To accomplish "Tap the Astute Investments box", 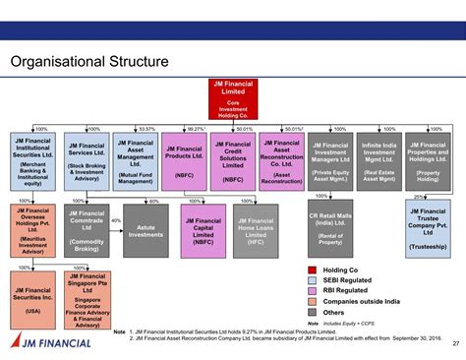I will point(146,230).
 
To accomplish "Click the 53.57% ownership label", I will point(147,129).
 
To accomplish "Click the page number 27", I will point(455,343).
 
